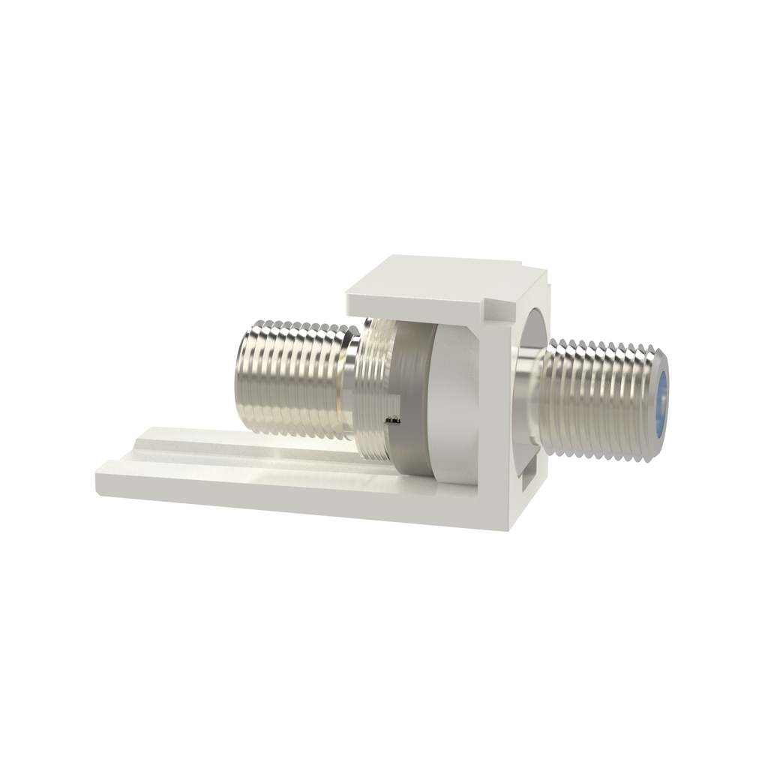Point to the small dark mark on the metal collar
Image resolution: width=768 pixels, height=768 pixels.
point(391,422)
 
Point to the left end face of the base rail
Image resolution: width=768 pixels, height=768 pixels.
point(100,481)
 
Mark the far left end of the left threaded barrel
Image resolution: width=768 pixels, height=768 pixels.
point(238,375)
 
